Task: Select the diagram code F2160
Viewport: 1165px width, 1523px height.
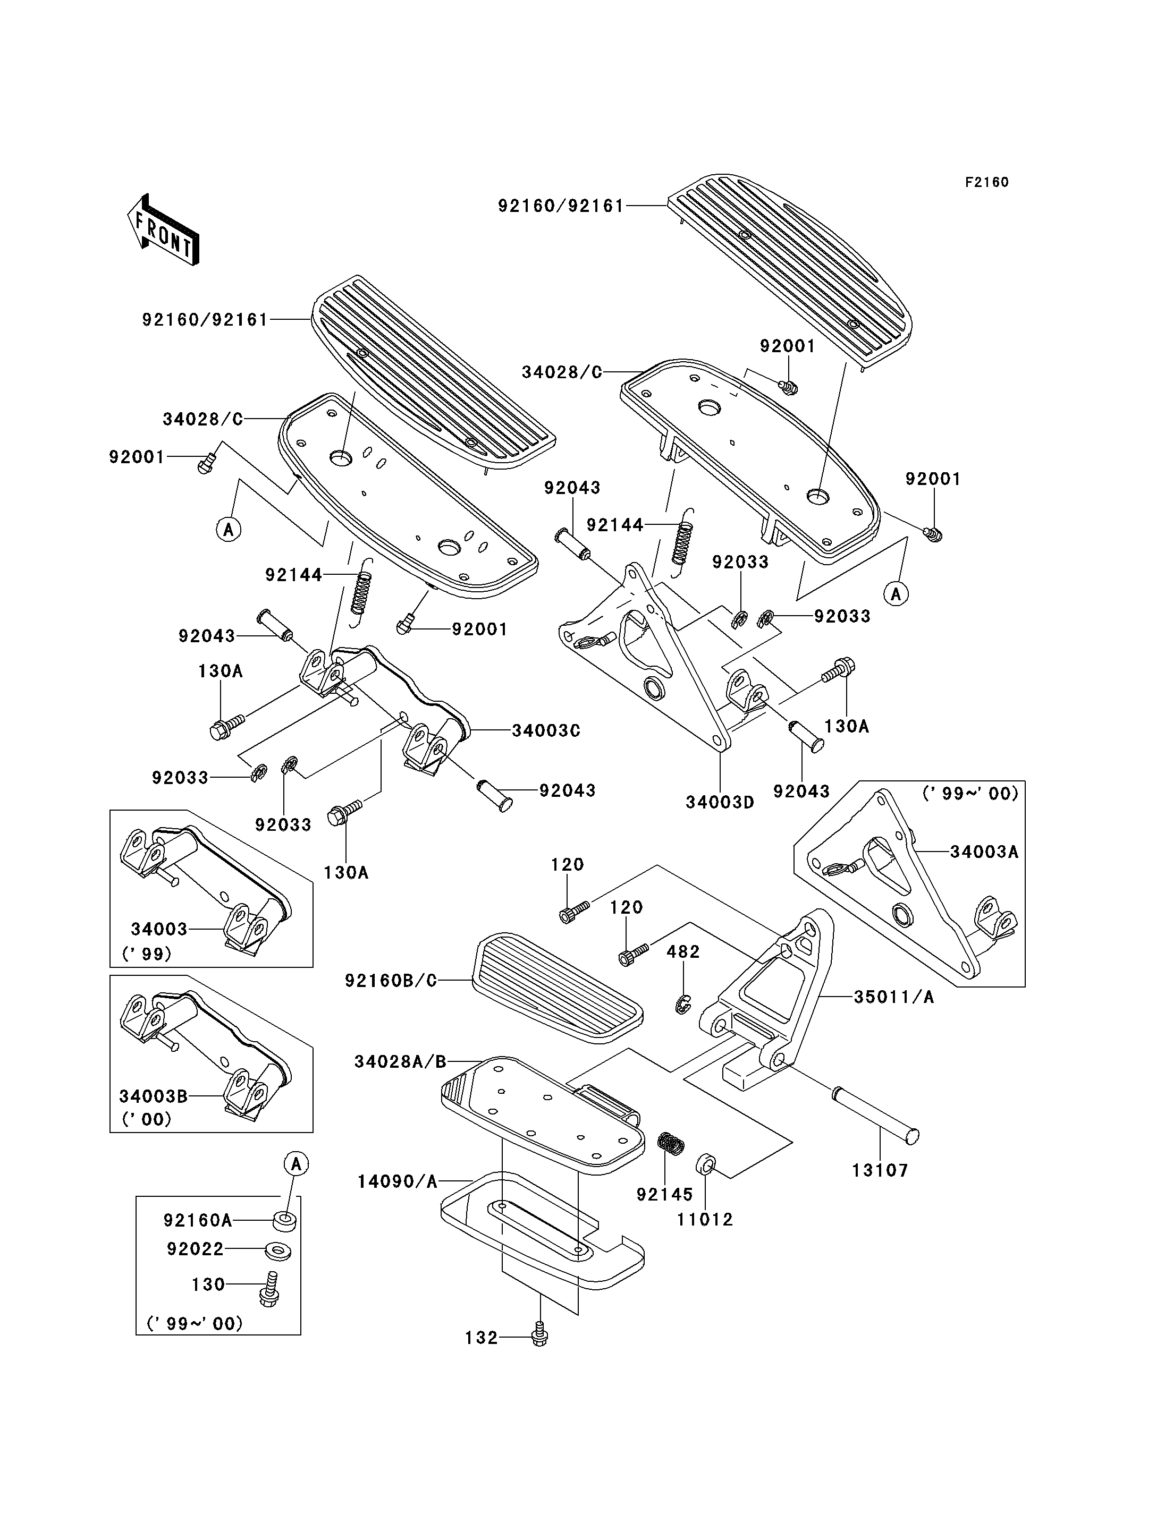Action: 987,182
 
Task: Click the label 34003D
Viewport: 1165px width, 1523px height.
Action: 720,802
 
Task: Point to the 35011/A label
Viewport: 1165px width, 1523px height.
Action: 894,997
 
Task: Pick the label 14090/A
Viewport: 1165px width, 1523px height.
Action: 398,1181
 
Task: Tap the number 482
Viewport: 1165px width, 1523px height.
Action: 683,952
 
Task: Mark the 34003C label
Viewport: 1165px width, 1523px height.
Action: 546,730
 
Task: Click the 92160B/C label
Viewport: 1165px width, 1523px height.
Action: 391,981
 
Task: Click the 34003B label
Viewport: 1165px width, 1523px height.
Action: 153,1096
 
